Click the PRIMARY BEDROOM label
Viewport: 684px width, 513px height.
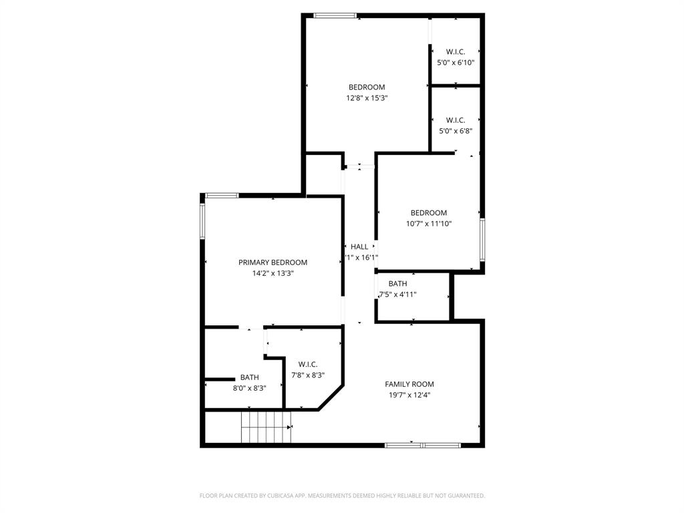click(273, 263)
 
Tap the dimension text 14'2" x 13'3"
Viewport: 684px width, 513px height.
click(273, 273)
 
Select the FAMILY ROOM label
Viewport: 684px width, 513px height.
click(409, 384)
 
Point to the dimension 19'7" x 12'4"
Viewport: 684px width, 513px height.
click(409, 395)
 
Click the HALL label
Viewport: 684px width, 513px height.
click(359, 247)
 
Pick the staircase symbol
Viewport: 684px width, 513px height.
click(267, 427)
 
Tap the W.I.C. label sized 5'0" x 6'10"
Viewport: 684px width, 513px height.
click(455, 52)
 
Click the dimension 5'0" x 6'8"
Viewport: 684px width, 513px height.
click(455, 131)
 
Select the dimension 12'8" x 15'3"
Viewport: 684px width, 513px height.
click(367, 98)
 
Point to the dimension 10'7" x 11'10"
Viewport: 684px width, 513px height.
click(429, 224)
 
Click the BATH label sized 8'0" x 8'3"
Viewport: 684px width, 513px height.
click(249, 377)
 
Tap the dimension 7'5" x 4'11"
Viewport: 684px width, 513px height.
click(398, 295)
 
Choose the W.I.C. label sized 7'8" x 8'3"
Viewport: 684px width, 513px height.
click(308, 364)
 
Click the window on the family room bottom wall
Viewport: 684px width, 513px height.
click(422, 445)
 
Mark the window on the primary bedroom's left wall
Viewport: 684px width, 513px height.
click(202, 220)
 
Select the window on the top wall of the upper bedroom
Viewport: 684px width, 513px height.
click(335, 15)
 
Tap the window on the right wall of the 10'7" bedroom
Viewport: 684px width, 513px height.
click(482, 239)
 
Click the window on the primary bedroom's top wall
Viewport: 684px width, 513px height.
click(222, 195)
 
